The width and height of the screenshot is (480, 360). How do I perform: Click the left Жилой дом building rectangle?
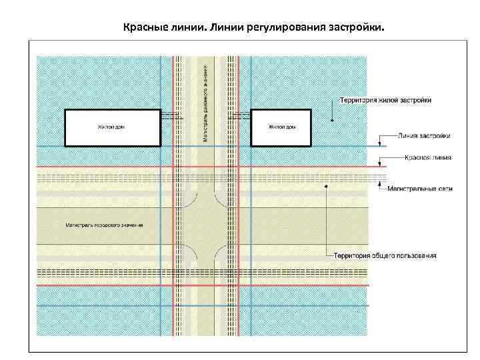coord(113,127)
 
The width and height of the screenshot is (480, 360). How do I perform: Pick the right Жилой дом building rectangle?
coord(280,127)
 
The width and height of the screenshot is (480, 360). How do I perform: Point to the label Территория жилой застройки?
coord(385,100)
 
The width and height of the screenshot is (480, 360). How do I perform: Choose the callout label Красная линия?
coord(427,158)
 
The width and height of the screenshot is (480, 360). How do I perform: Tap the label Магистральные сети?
coord(420,189)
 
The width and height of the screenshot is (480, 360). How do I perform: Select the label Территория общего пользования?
coord(385,255)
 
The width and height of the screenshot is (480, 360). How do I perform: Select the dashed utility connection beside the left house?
coord(171,115)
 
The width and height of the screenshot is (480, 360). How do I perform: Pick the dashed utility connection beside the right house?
coord(241,115)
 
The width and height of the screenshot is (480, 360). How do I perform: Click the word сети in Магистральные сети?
coord(445,189)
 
